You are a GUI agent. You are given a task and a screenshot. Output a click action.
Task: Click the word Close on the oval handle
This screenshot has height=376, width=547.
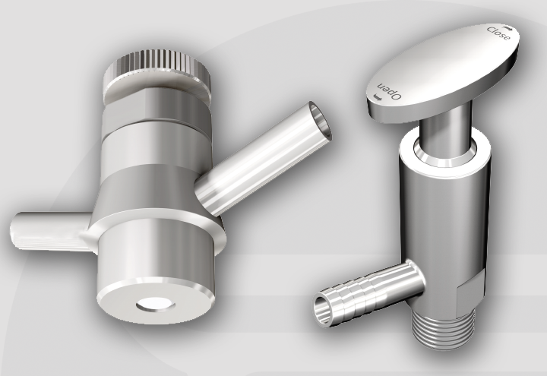(x=497, y=35)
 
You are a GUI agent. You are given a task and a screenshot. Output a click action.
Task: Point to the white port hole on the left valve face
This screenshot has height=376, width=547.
(x=155, y=306)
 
